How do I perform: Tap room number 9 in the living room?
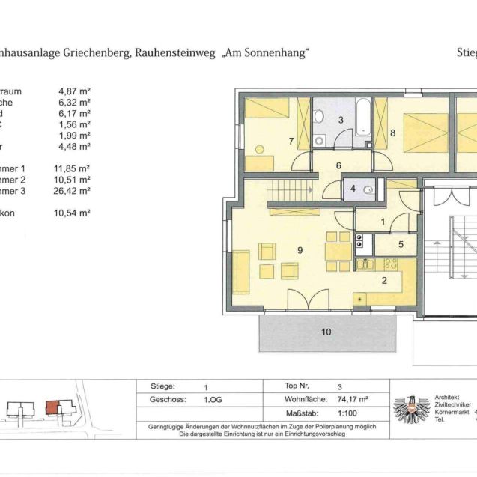pyautogui.click(x=300, y=250)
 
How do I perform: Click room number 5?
pyautogui.click(x=401, y=243)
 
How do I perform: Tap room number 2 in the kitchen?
pyautogui.click(x=383, y=281)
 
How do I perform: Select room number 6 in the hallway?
pyautogui.click(x=338, y=166)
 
